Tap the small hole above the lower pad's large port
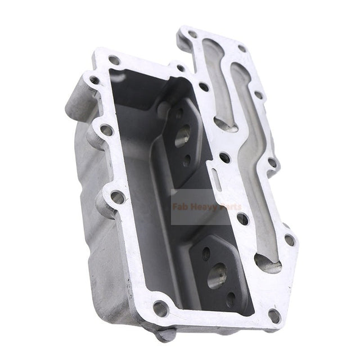[x=206, y=254]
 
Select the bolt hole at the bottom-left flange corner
[x=160, y=308]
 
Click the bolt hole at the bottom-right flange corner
[x=273, y=315]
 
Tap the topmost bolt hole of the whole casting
[x=192, y=34]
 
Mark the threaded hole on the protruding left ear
[x=93, y=80]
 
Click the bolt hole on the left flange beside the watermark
[x=118, y=197]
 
